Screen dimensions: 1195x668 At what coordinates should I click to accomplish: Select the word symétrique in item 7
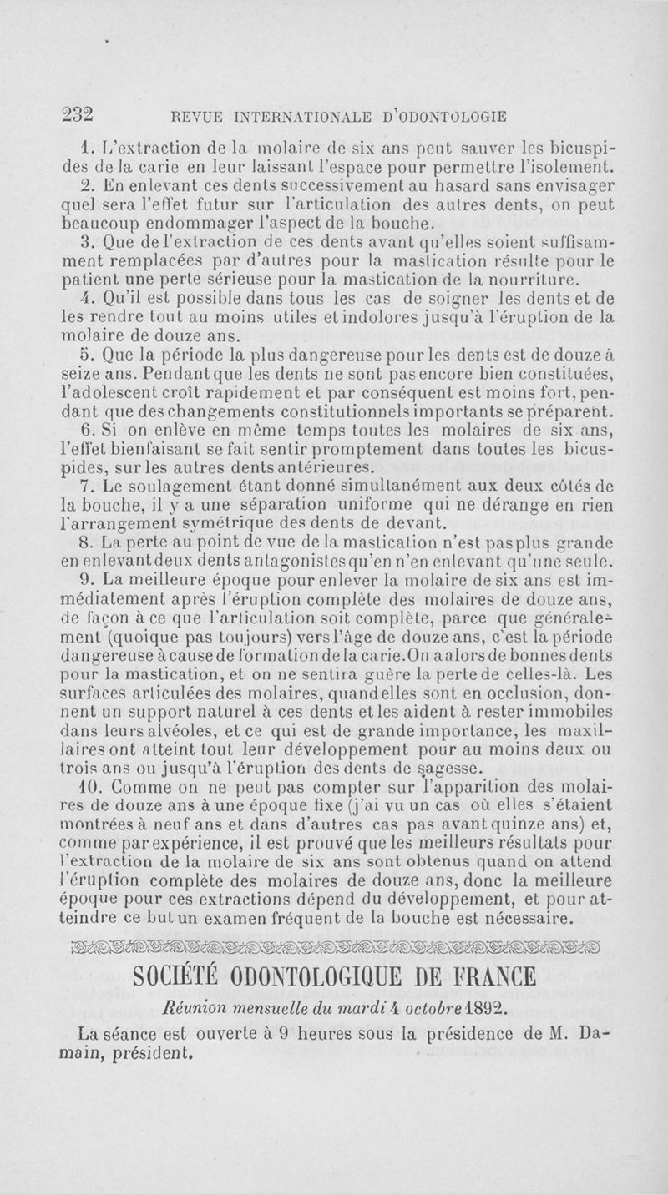tap(237, 523)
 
